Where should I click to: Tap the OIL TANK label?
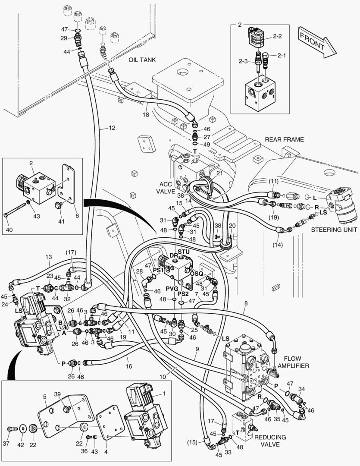142,60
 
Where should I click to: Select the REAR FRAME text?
284,139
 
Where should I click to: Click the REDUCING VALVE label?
270,441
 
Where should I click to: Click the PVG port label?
172,288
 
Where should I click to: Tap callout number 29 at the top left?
64,38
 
